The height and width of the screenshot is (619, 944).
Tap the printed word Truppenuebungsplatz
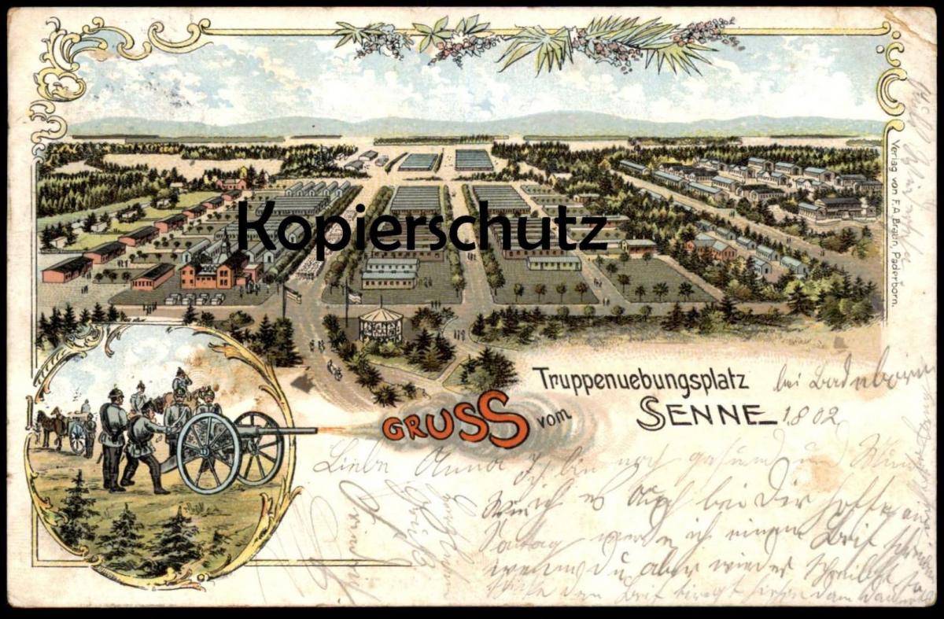tap(640, 379)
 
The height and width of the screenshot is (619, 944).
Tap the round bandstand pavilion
tap(381, 322)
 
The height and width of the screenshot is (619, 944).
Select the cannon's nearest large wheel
tap(208, 452)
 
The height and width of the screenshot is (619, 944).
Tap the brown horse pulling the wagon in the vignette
tap(50, 427)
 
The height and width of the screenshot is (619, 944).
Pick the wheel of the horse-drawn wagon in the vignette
tap(77, 437)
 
